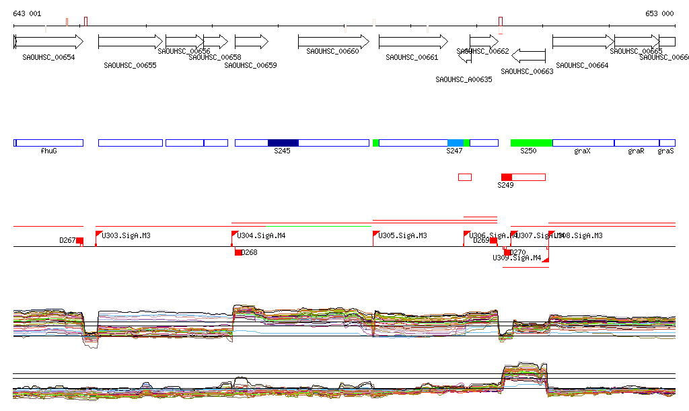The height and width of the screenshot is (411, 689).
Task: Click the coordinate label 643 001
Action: (x=27, y=13)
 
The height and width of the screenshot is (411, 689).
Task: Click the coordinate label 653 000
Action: (x=659, y=13)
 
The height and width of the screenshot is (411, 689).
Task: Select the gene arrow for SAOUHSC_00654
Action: (x=48, y=42)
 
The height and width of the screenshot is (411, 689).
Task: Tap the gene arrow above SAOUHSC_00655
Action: (x=130, y=42)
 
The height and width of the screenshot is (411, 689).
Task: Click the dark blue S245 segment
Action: (x=283, y=143)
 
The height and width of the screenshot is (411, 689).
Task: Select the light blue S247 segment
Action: (x=456, y=143)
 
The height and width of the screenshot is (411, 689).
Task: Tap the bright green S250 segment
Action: (x=532, y=143)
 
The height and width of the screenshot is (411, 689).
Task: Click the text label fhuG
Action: (x=48, y=151)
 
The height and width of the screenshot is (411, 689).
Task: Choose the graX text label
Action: (x=583, y=151)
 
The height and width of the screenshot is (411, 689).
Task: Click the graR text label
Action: (x=636, y=151)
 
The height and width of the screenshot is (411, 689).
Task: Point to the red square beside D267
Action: (x=79, y=241)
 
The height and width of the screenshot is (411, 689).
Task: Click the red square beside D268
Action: (x=238, y=252)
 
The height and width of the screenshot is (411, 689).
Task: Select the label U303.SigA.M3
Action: (x=126, y=236)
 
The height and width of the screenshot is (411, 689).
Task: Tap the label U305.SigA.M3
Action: (x=402, y=236)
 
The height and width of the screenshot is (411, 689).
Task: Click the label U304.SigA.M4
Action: (x=262, y=236)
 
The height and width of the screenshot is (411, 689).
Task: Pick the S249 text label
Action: (x=505, y=185)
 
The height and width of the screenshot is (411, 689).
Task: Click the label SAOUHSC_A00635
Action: (x=464, y=79)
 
